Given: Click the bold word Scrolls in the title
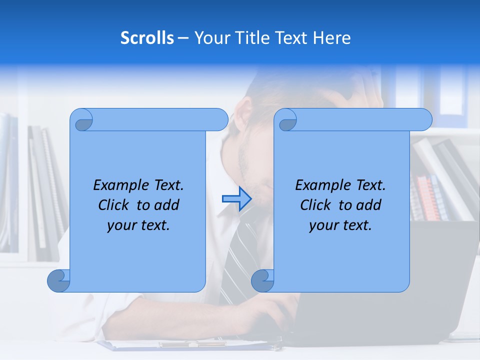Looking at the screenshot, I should [147, 37].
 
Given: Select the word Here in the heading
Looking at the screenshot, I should [332, 37].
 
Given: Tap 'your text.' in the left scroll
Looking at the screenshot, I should [138, 225].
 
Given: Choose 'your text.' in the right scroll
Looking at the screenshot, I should [340, 225].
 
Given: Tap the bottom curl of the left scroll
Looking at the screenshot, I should [59, 280].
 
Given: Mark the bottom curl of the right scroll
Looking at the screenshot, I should [262, 280].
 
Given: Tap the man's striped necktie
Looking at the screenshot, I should [239, 250].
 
